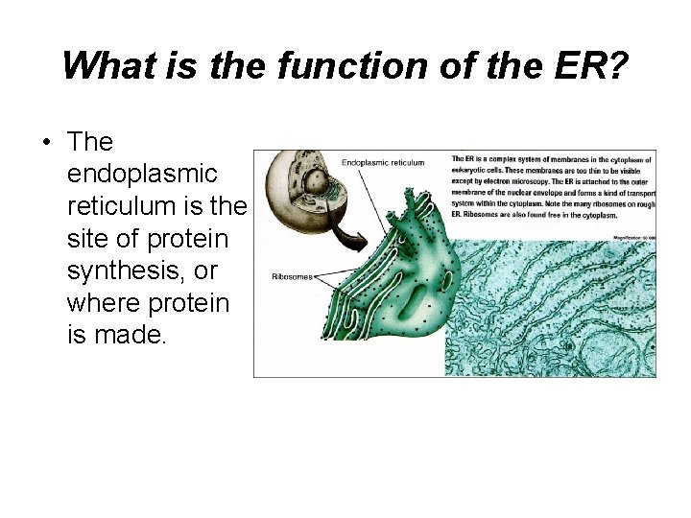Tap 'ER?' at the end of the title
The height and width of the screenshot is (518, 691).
[588, 65]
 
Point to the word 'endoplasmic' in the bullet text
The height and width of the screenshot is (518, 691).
[143, 174]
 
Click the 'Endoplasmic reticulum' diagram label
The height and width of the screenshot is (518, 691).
[383, 163]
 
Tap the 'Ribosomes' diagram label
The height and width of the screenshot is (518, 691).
[292, 276]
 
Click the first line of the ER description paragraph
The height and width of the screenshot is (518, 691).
[552, 158]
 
